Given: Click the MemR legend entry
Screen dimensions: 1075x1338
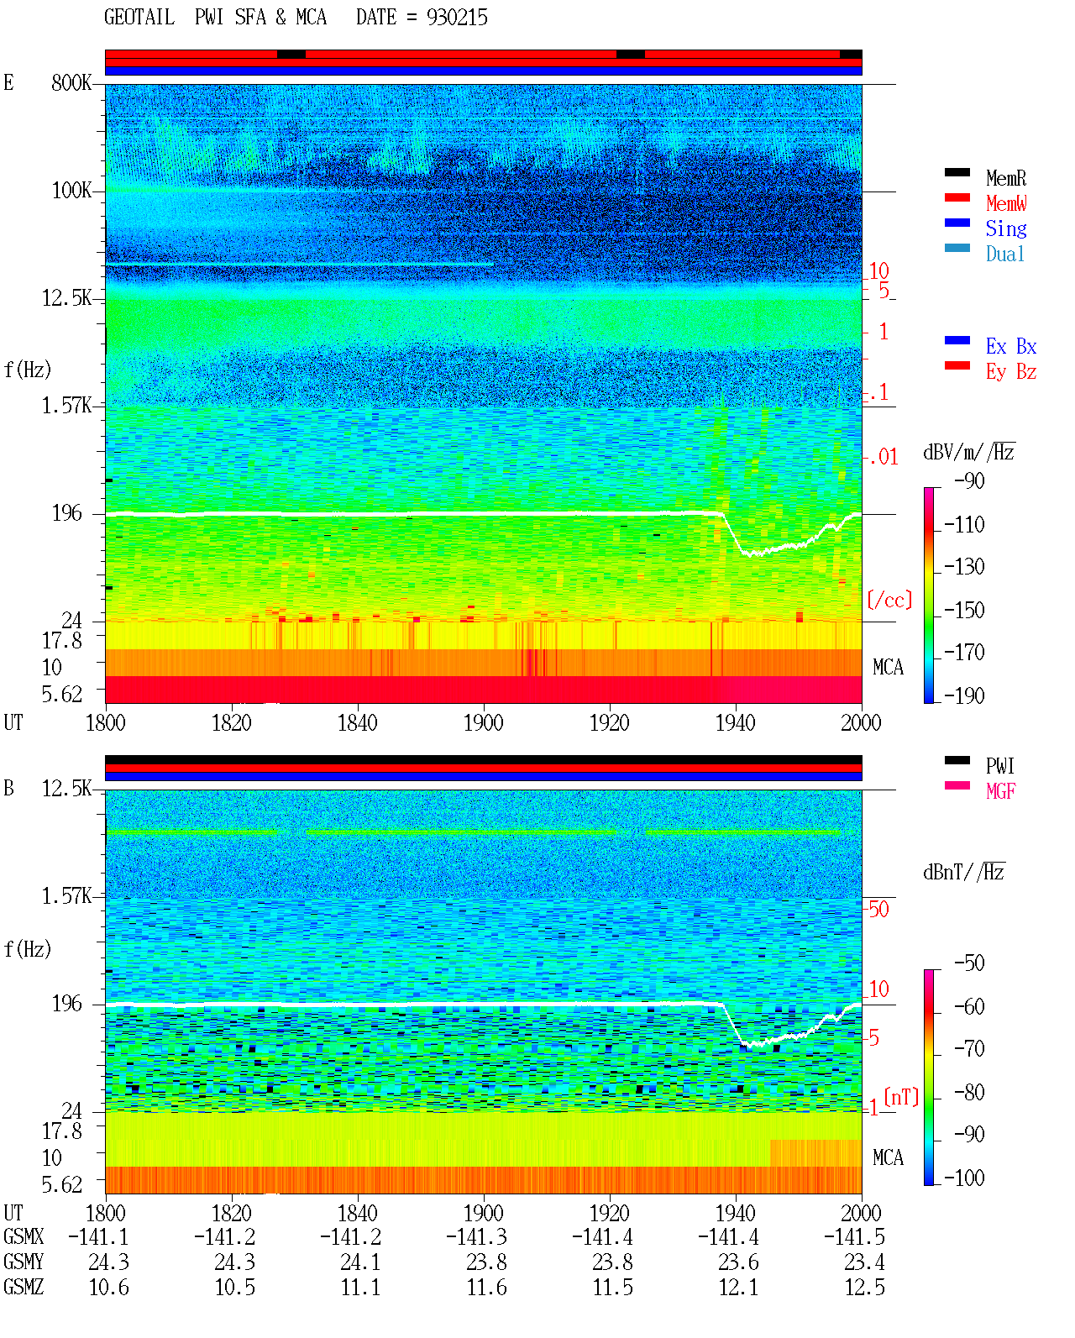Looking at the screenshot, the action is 1005,178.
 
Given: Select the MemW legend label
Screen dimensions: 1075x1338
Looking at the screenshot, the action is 1006,203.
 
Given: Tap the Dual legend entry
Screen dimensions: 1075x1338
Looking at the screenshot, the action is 1004,254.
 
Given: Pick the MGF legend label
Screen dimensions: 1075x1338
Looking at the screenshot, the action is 1000,791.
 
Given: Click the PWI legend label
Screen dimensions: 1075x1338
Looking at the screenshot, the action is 999,765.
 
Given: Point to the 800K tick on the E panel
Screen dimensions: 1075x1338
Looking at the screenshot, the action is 71,82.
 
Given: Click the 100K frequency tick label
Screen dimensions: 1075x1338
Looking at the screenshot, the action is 71,191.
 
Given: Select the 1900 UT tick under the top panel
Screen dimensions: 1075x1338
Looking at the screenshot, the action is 483,722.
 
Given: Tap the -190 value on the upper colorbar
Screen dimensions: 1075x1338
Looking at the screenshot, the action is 964,695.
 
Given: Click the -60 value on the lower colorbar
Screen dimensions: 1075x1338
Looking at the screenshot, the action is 969,1006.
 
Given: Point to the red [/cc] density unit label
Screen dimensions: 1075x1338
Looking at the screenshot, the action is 889,600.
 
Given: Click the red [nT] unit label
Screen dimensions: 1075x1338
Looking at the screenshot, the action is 901,1097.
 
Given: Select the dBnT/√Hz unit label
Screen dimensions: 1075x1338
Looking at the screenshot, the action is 964,872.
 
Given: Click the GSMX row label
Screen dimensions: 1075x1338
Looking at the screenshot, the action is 24,1236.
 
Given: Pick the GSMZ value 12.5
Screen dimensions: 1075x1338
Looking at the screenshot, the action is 864,1287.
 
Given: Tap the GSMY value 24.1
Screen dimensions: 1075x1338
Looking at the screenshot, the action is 360,1262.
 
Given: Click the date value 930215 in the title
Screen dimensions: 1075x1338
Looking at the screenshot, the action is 457,18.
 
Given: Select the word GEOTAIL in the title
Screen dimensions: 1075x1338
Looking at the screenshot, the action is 139,17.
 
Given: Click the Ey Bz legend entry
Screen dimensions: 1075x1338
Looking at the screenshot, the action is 1011,371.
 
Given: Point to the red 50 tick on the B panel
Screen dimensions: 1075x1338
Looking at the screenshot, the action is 878,909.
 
